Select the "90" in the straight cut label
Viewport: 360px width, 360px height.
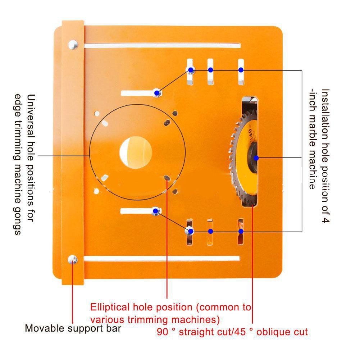pyautogui.click(x=162, y=332)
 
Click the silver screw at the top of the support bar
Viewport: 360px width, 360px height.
pyautogui.click(x=73, y=45)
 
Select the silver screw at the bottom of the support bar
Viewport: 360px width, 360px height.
pyautogui.click(x=73, y=260)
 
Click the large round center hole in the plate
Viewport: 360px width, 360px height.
pyautogui.click(x=136, y=152)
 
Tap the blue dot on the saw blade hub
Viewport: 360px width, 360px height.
pyautogui.click(x=256, y=158)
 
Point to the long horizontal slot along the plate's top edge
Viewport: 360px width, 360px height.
pyautogui.click(x=163, y=46)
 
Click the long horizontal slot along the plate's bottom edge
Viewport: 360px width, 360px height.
pyautogui.click(x=162, y=259)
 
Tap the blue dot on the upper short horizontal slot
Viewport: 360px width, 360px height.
pyautogui.click(x=157, y=93)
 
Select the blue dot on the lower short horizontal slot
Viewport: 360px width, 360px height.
pyautogui.click(x=155, y=211)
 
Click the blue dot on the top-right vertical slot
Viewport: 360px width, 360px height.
pyautogui.click(x=241, y=70)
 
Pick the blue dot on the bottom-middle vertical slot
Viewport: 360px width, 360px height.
pyautogui.click(x=210, y=232)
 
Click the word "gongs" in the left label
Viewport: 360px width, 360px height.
pyautogui.click(x=17, y=222)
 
